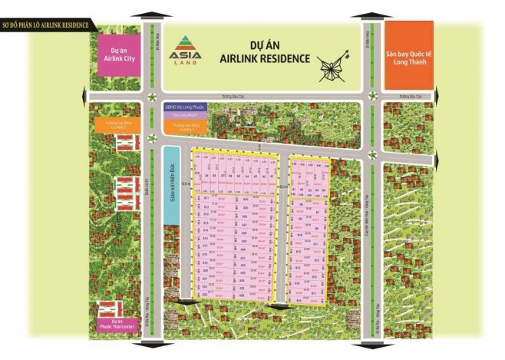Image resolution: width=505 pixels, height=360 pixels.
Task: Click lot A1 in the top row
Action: tap(272, 176)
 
